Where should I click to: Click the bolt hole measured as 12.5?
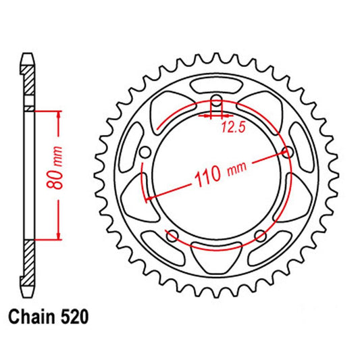click(216, 103)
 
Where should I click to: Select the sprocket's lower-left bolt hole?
click(172, 235)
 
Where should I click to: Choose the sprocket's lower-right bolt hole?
click(261, 235)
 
